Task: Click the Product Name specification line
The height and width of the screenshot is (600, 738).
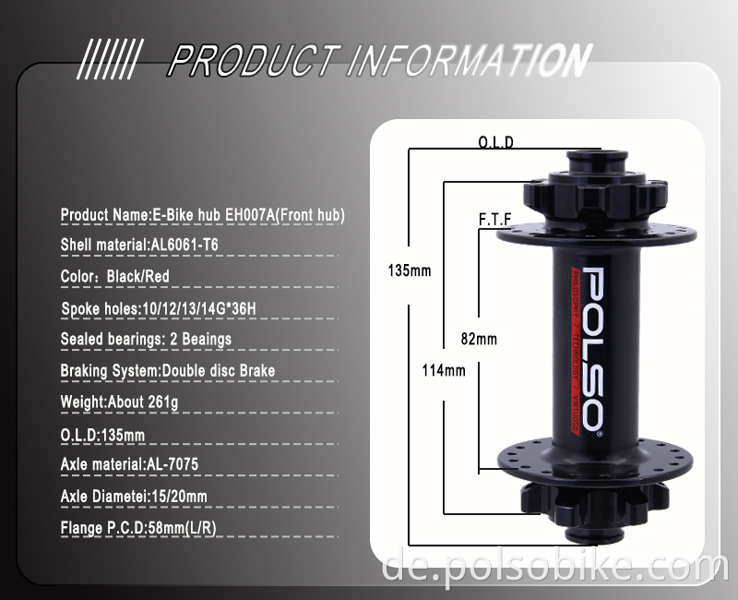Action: [x=202, y=215]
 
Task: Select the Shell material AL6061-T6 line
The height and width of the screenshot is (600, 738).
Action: [x=139, y=245]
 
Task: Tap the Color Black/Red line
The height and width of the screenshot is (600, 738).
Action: [x=115, y=276]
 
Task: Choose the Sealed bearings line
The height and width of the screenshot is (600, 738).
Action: [x=146, y=339]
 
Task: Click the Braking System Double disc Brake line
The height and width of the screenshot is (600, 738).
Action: [x=167, y=370]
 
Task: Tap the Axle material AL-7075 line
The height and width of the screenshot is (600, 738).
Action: [x=129, y=464]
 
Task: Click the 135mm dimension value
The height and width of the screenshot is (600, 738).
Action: [x=409, y=271]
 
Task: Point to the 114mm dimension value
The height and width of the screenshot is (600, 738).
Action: [x=443, y=370]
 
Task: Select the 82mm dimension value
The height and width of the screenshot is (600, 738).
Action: [x=478, y=339]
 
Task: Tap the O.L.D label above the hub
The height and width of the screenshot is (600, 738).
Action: [x=495, y=142]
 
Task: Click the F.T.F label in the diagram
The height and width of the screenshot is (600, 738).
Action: [x=494, y=219]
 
